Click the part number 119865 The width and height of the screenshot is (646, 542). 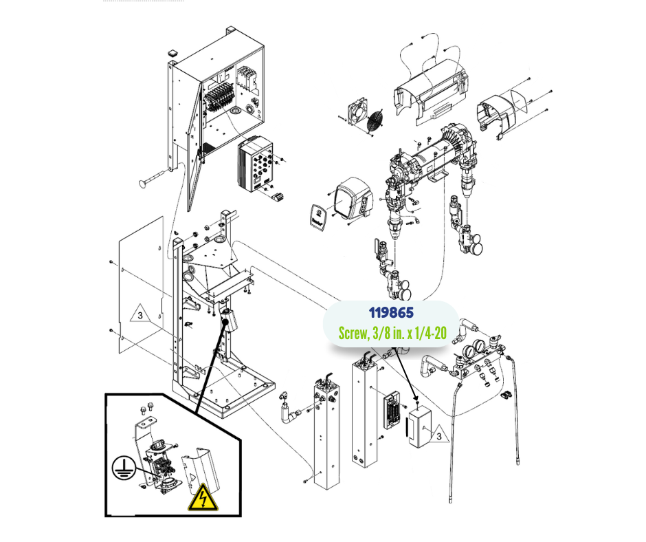click(x=391, y=313)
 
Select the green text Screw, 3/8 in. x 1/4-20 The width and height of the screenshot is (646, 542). click(x=392, y=334)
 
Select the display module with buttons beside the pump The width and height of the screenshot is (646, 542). click(x=354, y=199)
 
